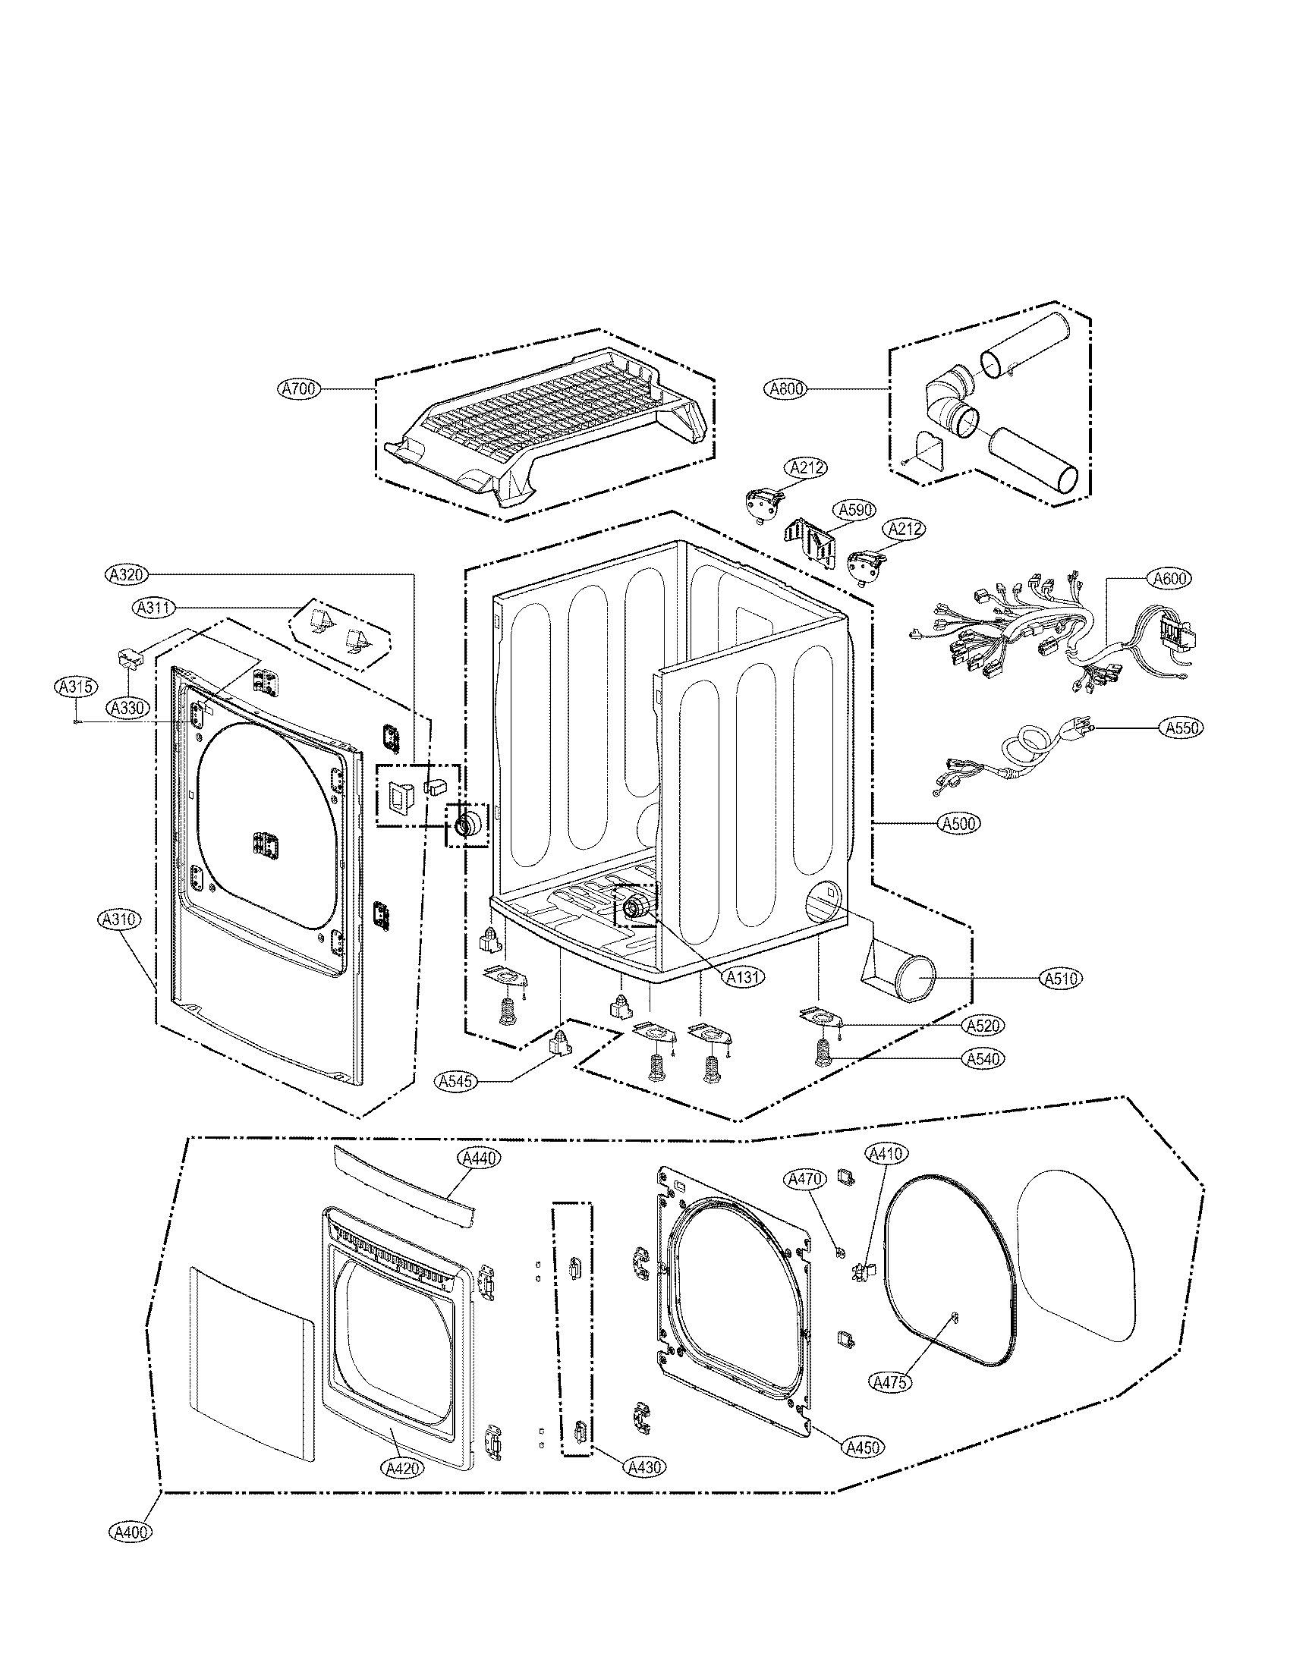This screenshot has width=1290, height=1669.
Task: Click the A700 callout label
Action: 298,389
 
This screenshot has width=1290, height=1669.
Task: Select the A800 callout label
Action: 785,389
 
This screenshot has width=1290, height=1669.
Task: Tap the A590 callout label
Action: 856,509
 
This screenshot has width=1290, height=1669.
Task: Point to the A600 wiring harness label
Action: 1169,579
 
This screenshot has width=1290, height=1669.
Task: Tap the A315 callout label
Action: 76,687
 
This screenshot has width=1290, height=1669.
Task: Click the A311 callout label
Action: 153,608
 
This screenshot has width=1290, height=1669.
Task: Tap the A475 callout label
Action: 890,1381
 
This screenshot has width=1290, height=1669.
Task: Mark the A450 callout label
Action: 863,1447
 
